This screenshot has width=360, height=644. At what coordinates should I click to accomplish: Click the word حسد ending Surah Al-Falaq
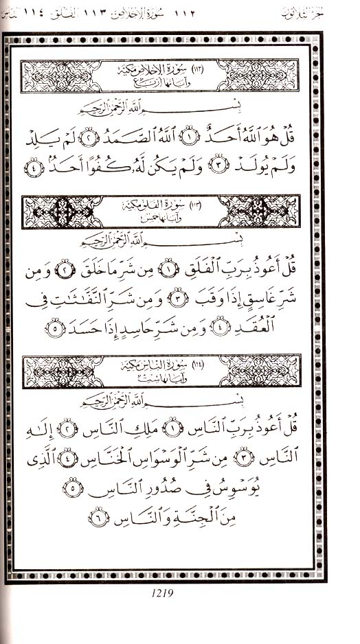point(87,327)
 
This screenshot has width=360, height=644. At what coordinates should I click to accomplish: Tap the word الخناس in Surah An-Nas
point(111,459)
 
